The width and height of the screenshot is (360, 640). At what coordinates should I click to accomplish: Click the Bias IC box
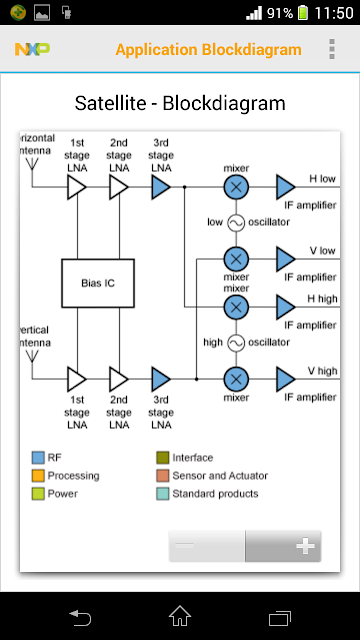click(98, 283)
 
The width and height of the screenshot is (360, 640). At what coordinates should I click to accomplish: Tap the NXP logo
click(33, 49)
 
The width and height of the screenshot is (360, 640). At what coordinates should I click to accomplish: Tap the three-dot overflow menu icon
click(332, 49)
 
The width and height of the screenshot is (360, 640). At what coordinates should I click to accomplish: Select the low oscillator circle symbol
click(236, 223)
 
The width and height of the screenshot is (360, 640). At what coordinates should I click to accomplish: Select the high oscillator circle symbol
click(236, 343)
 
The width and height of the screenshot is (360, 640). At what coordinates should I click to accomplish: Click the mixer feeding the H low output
click(236, 187)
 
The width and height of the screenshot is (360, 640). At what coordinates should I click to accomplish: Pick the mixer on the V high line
click(236, 379)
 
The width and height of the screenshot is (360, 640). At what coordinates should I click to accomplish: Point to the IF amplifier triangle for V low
click(285, 259)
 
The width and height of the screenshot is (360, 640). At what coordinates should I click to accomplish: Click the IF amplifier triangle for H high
click(285, 307)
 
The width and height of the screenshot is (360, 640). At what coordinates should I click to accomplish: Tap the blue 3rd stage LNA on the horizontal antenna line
click(160, 187)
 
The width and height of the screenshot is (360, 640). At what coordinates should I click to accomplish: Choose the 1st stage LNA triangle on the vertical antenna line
click(76, 379)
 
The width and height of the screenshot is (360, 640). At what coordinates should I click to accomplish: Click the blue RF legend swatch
click(38, 458)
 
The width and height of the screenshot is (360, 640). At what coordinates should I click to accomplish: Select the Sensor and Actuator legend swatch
click(162, 476)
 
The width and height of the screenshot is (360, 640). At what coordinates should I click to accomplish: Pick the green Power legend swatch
click(38, 493)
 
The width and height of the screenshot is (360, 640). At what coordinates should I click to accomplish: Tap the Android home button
click(180, 616)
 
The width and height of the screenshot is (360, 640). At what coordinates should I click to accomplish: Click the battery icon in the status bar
click(303, 12)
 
